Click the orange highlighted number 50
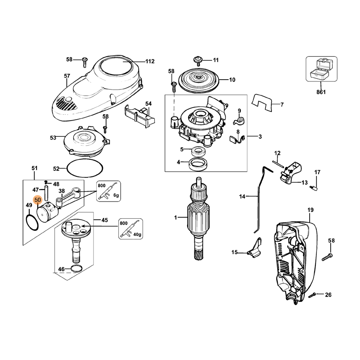click(x=37, y=199)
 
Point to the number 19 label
click(x=310, y=210)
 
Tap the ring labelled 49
click(x=32, y=221)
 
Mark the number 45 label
click(x=104, y=220)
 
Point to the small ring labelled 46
click(x=77, y=270)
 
